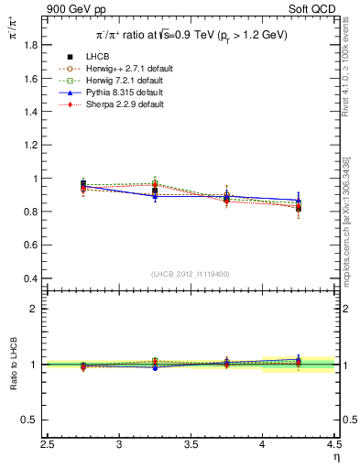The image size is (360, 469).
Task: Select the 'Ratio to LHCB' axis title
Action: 12,365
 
